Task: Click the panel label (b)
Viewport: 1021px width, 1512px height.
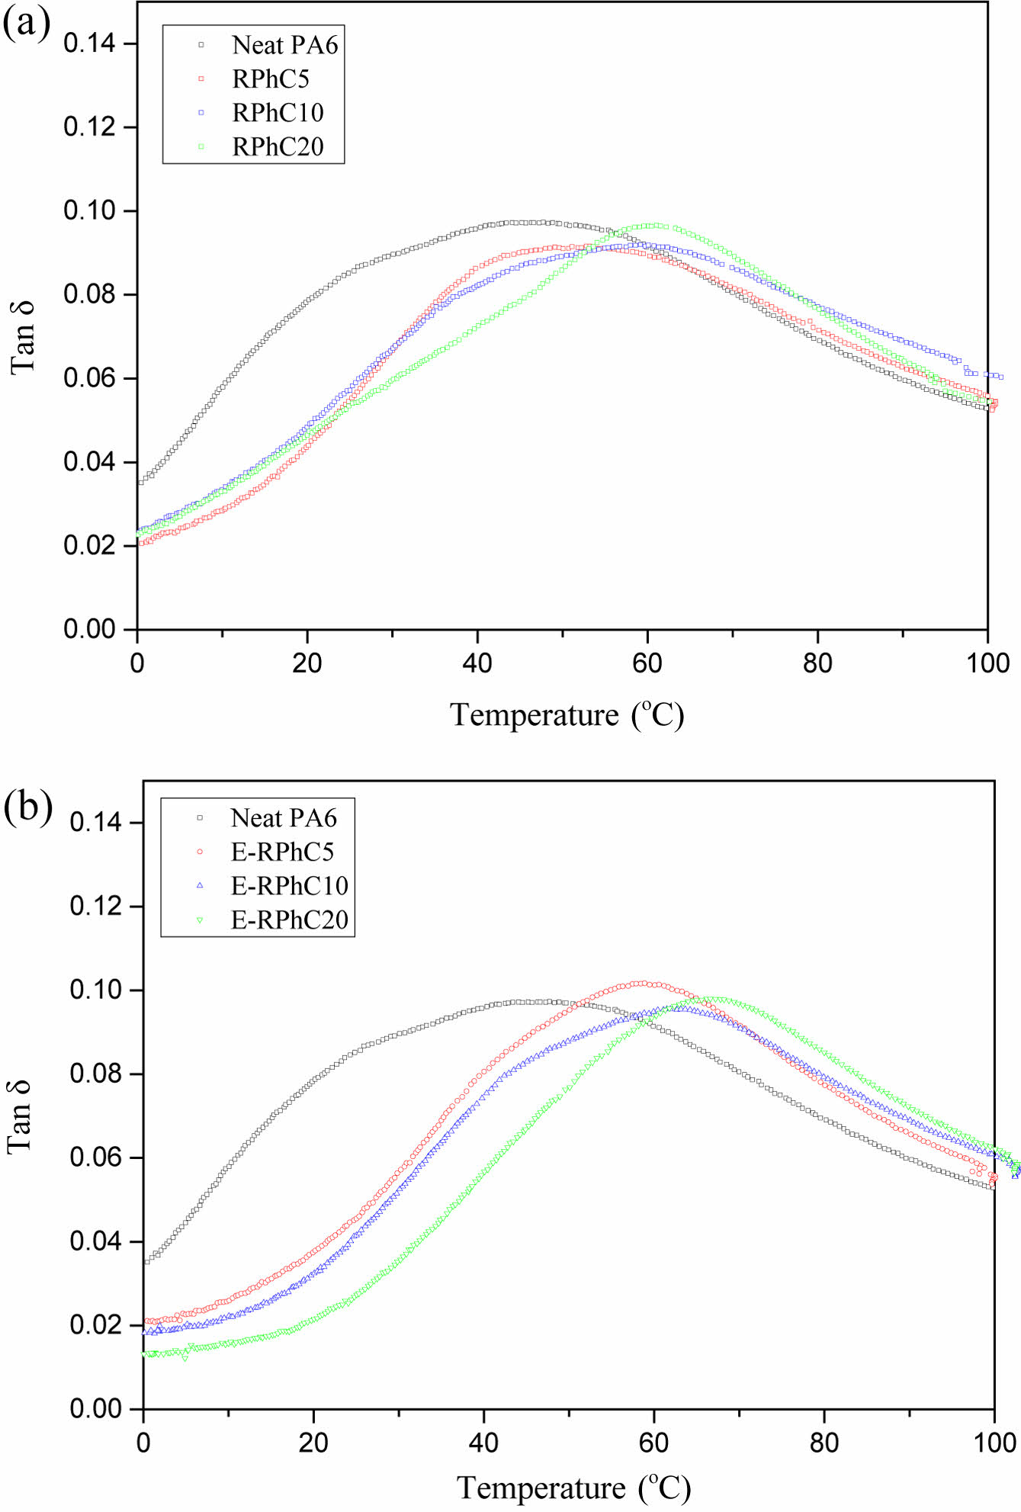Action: coord(27,807)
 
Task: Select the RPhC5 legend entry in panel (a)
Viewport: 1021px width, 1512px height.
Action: coord(271,79)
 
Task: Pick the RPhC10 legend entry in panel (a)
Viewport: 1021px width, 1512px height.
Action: coord(278,113)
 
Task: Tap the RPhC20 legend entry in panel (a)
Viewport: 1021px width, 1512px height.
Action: coord(278,146)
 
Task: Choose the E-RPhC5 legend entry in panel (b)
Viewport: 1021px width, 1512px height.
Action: coord(282,852)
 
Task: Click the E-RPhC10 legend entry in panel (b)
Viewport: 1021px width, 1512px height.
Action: coord(289,885)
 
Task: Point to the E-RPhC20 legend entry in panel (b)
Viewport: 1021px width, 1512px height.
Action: coord(289,920)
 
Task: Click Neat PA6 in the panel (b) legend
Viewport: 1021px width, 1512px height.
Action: coord(283,818)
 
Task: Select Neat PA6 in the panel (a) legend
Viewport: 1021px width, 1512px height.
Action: coord(284,45)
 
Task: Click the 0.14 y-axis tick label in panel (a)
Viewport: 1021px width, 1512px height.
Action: coord(89,43)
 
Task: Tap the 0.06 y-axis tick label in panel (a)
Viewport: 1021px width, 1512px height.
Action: coord(89,378)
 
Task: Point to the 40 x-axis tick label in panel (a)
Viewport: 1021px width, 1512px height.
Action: coord(477,663)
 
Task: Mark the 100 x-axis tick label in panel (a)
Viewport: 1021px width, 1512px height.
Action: coord(988,663)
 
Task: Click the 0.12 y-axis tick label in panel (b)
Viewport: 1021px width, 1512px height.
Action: coord(95,907)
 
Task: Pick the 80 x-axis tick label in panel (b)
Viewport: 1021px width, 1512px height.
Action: coord(824,1443)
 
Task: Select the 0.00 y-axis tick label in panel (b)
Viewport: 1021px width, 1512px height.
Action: coord(95,1409)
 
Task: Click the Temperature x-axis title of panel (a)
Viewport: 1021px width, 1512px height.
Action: coord(567,715)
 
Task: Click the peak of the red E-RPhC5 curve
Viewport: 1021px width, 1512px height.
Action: coord(643,984)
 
